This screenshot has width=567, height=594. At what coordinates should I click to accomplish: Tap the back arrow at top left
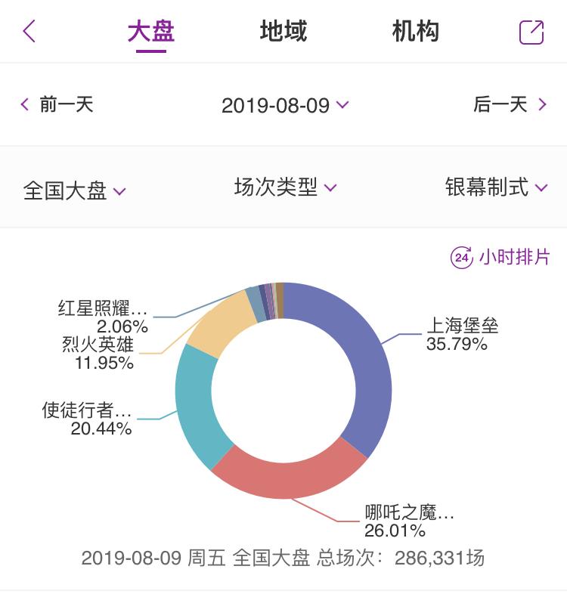[x=29, y=32]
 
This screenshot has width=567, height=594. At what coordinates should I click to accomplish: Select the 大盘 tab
[x=151, y=32]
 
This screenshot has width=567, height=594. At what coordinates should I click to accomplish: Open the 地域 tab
[x=283, y=32]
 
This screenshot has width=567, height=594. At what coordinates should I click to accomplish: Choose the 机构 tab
[x=415, y=32]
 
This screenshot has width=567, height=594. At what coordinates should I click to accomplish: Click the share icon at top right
[x=531, y=32]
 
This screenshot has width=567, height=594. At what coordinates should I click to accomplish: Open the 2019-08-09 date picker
[x=284, y=105]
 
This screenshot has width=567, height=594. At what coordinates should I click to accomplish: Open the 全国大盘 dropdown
[x=74, y=190]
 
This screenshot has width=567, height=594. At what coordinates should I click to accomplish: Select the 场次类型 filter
[x=284, y=187]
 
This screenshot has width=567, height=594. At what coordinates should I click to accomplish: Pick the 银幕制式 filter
[x=495, y=187]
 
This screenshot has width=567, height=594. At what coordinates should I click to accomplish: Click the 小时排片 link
[x=500, y=257]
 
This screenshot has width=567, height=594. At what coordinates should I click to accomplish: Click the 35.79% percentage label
[x=457, y=345]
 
